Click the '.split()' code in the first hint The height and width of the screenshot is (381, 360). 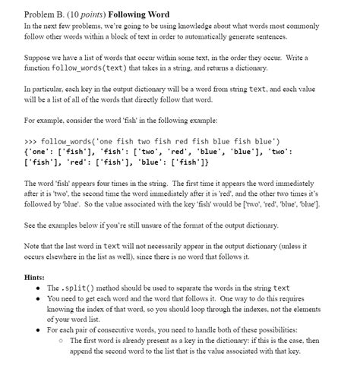pos(75,288)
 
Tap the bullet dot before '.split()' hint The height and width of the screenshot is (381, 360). pos(39,288)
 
